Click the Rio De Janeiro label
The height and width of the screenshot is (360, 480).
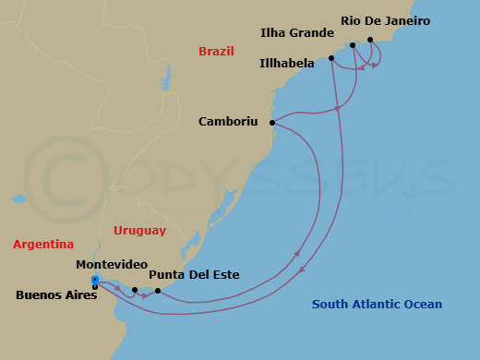click(x=385, y=20)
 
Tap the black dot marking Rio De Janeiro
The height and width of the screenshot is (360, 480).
click(x=370, y=40)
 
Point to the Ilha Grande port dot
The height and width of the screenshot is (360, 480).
click(x=352, y=44)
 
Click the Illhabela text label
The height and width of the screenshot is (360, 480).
click(x=288, y=64)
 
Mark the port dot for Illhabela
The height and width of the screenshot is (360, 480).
click(x=331, y=58)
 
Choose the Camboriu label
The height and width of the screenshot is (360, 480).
click(x=228, y=121)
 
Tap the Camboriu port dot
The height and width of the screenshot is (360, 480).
click(x=272, y=123)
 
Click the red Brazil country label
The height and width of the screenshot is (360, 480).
click(x=216, y=52)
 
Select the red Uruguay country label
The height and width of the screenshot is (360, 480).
click(x=139, y=230)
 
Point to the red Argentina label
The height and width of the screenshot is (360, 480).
click(x=43, y=245)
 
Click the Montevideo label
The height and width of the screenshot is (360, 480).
click(x=112, y=264)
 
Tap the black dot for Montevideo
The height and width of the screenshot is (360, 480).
click(x=135, y=290)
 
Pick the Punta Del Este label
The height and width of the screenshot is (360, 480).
click(x=194, y=275)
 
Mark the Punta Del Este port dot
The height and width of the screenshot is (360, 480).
click(x=158, y=291)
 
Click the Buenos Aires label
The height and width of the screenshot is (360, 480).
click(x=55, y=296)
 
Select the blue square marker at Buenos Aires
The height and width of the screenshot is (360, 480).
click(x=95, y=280)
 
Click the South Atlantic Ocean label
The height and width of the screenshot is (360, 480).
click(x=377, y=305)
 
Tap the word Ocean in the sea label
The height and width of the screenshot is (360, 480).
click(x=423, y=305)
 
